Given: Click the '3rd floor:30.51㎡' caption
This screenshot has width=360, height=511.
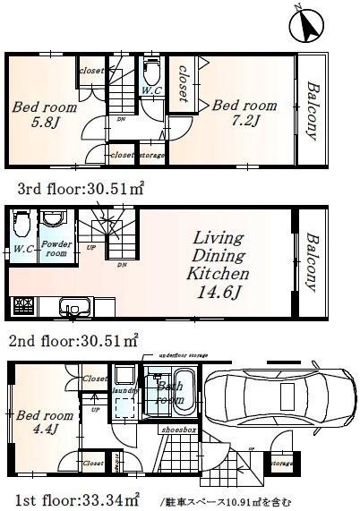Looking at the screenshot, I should point(81,189).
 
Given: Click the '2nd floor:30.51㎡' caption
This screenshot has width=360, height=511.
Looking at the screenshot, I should point(73,340).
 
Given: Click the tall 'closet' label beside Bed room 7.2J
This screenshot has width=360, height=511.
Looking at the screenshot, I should point(184,83).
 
